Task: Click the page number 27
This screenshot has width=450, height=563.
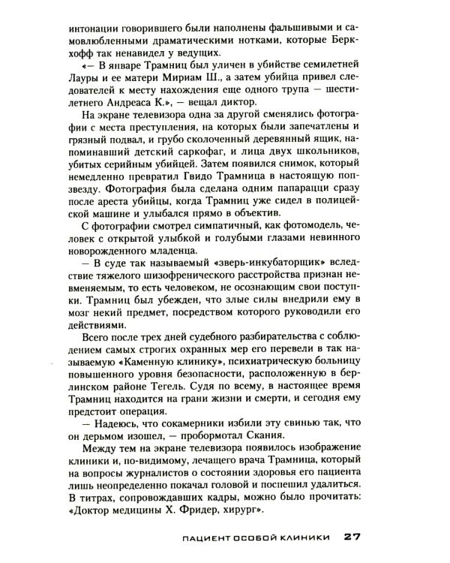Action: click(352, 537)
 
